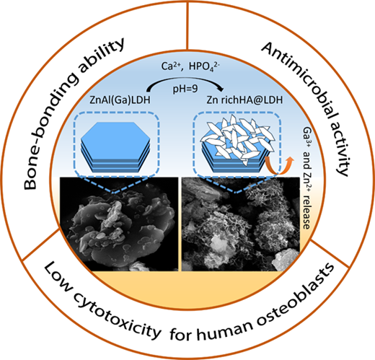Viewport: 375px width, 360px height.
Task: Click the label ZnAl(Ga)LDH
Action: click(120, 100)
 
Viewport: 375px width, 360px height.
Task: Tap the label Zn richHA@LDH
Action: click(244, 100)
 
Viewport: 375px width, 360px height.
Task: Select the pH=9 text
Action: click(185, 89)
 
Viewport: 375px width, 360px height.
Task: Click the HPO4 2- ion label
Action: click(205, 66)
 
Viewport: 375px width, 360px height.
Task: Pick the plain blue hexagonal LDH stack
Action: click(115, 147)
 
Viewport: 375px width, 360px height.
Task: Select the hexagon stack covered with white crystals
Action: click(237, 144)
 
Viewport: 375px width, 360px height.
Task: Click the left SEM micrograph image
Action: click(119, 224)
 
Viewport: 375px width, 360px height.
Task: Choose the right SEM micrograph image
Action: click(241, 224)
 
